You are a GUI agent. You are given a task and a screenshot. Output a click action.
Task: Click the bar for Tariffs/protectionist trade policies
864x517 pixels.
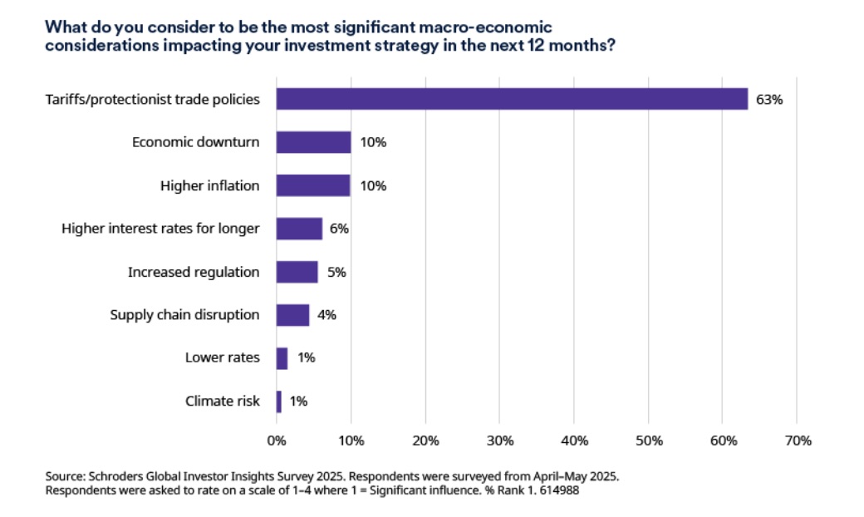512,99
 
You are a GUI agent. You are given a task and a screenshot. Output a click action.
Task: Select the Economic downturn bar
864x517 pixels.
313,142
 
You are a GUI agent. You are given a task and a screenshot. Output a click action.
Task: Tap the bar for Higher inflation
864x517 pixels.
313,185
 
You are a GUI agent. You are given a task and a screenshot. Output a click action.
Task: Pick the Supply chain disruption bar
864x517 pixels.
292,315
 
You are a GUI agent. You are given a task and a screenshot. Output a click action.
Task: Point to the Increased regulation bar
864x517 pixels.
297,272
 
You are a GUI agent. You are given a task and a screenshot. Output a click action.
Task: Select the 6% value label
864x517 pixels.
339,229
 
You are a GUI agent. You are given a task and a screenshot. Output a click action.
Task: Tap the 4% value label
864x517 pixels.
326,315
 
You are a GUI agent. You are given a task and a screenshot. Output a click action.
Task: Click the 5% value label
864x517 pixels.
335,272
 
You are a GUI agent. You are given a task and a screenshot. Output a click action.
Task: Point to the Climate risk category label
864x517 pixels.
223,401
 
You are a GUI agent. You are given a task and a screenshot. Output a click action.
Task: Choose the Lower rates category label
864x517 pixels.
223,358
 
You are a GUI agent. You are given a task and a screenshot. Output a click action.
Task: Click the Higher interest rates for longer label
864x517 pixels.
160,229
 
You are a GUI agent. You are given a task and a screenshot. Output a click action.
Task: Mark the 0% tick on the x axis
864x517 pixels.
276,441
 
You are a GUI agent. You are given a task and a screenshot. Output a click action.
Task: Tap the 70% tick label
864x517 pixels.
797,441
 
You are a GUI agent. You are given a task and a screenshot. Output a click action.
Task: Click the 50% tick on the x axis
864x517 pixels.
648,441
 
